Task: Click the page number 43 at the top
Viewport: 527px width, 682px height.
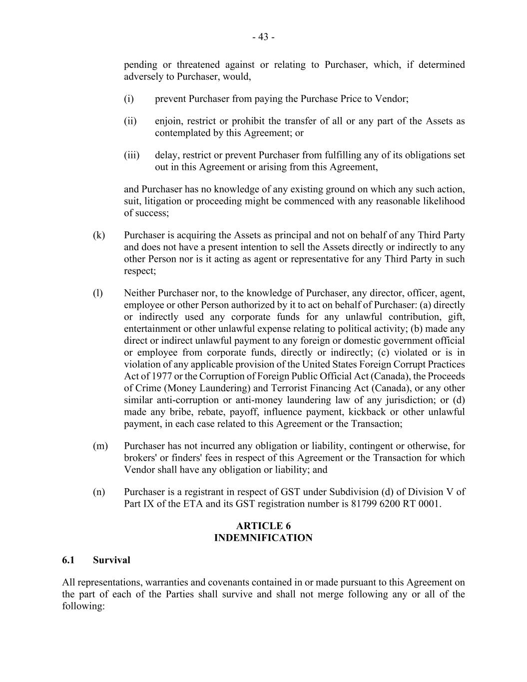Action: [263, 37]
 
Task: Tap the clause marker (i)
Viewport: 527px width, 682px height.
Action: [129, 99]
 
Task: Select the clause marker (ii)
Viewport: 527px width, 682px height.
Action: [130, 121]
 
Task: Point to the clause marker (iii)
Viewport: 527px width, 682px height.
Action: [131, 155]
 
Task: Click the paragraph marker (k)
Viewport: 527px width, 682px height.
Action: [98, 235]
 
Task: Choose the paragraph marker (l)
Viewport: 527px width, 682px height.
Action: [97, 293]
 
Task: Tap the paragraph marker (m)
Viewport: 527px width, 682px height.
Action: [100, 446]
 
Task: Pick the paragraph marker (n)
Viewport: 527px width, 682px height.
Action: [98, 492]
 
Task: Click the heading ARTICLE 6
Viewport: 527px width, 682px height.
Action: [263, 526]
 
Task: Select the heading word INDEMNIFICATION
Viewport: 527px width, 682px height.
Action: [263, 538]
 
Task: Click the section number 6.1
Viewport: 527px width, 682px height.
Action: [68, 560]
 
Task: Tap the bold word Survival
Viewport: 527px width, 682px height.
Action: [111, 560]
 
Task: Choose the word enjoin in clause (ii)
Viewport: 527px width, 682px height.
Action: [168, 121]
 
